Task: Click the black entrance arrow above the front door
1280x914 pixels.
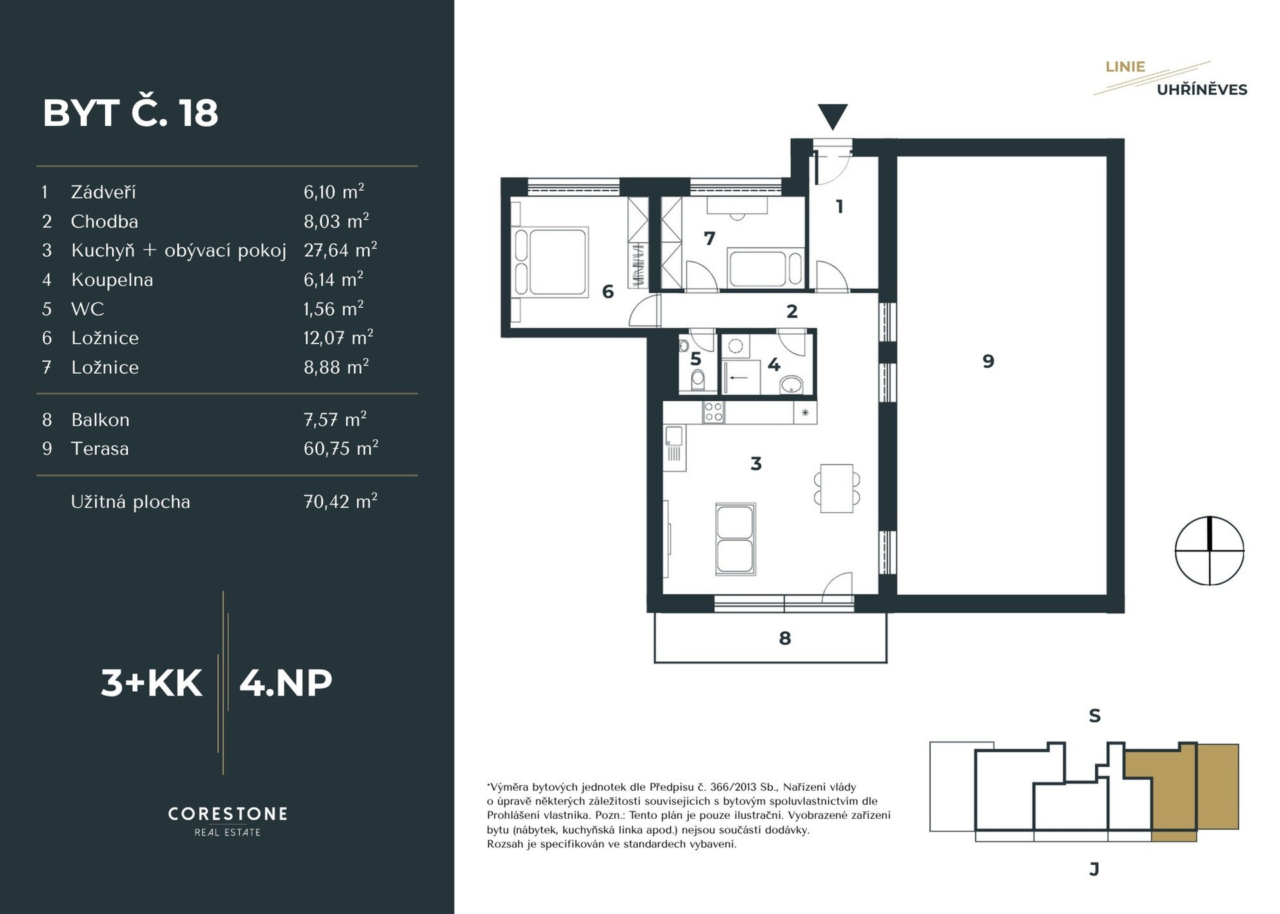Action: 833,116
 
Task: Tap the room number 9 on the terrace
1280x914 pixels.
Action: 988,361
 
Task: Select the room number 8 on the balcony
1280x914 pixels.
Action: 785,638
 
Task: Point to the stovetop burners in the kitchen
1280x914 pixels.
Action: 713,413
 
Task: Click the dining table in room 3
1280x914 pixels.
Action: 837,488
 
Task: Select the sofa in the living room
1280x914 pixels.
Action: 735,539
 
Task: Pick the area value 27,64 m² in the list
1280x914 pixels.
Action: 340,250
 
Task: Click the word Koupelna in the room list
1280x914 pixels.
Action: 112,280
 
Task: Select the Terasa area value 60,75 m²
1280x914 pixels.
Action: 341,448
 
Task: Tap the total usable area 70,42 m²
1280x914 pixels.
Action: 340,501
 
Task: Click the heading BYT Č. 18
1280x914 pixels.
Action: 131,113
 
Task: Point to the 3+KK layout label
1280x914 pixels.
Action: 151,683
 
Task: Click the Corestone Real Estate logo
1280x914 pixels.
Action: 227,821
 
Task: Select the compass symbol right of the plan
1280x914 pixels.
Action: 1209,551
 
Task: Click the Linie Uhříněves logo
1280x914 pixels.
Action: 1171,79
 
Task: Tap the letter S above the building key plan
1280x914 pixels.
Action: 1095,716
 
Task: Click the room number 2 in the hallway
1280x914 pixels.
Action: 792,311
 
